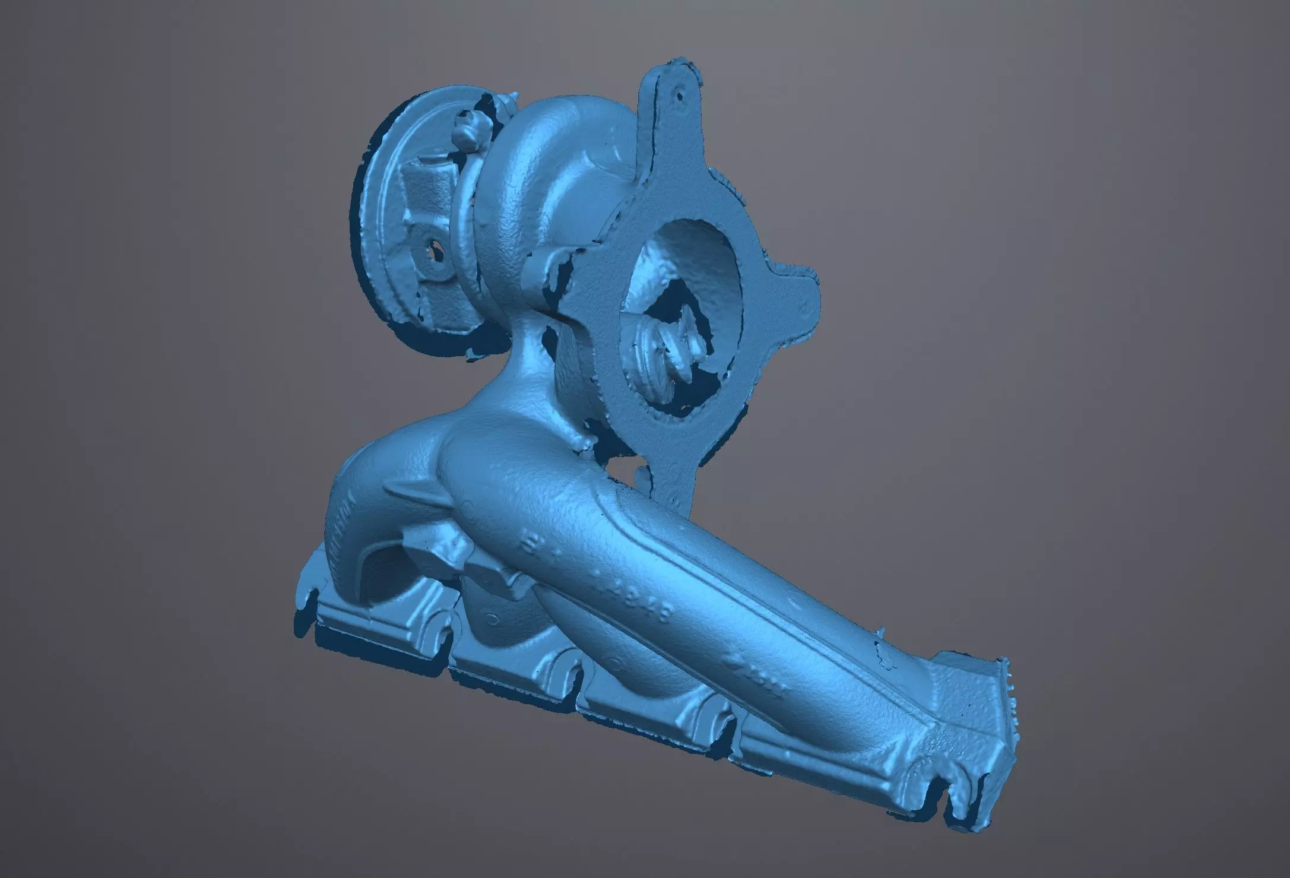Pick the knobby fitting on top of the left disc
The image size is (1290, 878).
469,128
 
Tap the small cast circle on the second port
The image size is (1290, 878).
492,619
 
